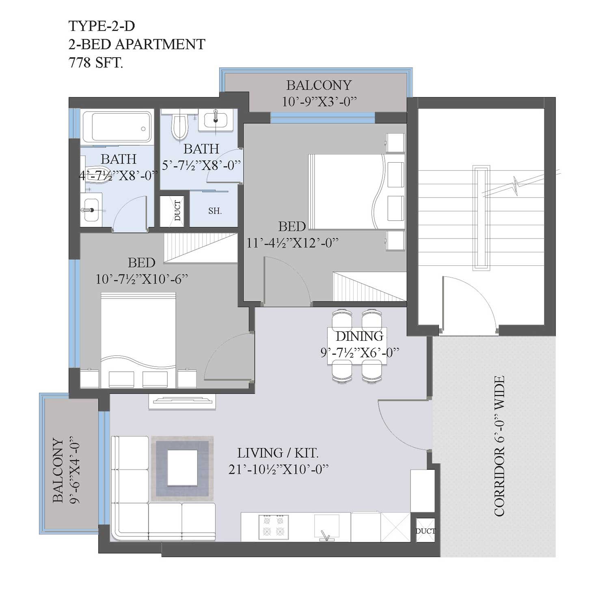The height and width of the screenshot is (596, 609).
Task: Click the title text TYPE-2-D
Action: coord(101,26)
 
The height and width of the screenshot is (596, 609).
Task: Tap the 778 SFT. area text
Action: coord(96,63)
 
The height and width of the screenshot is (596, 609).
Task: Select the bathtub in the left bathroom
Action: coord(117,127)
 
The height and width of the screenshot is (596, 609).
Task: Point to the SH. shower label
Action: coord(215,211)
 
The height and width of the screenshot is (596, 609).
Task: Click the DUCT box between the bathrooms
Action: coord(173,211)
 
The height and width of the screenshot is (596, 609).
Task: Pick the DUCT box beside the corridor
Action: coord(425,530)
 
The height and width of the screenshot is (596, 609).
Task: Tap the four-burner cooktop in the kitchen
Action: coord(274,527)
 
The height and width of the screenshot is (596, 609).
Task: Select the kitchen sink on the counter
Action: coord(327,527)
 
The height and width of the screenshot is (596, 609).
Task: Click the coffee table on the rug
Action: coord(183,468)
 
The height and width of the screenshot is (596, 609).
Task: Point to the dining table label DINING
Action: coord(359,336)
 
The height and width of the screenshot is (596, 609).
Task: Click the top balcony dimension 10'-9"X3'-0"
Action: coord(319,101)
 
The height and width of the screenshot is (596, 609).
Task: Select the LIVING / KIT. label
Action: coord(278,452)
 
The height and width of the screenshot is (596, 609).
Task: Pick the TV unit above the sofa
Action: coord(182,401)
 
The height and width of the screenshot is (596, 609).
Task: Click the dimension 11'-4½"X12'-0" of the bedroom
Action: coord(292,243)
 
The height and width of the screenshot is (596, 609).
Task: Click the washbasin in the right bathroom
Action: coord(216,119)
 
